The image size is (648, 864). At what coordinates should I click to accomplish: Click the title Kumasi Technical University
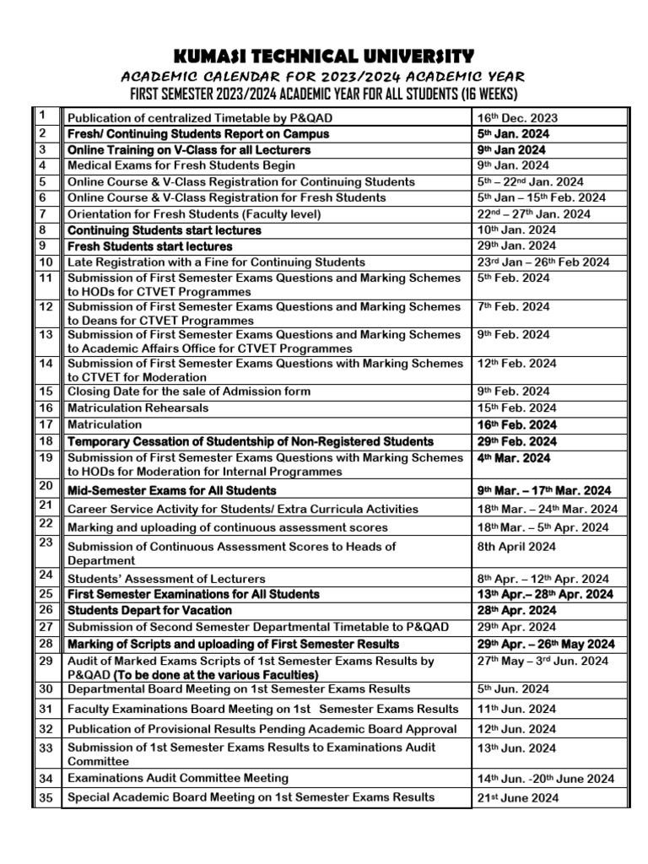(x=324, y=57)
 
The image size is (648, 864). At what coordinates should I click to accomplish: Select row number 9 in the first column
(x=46, y=246)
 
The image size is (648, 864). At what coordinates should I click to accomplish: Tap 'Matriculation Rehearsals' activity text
(x=138, y=408)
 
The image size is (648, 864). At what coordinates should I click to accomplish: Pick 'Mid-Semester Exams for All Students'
(x=171, y=490)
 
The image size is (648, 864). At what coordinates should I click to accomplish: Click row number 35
(x=46, y=796)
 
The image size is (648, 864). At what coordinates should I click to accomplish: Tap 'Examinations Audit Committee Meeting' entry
(x=177, y=778)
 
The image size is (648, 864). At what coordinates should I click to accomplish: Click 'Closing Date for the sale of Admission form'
(x=188, y=391)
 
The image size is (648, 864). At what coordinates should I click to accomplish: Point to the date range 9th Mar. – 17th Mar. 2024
(x=544, y=490)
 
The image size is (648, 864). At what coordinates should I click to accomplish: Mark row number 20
(x=46, y=486)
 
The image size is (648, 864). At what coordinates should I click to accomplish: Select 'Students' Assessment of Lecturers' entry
(x=166, y=579)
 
